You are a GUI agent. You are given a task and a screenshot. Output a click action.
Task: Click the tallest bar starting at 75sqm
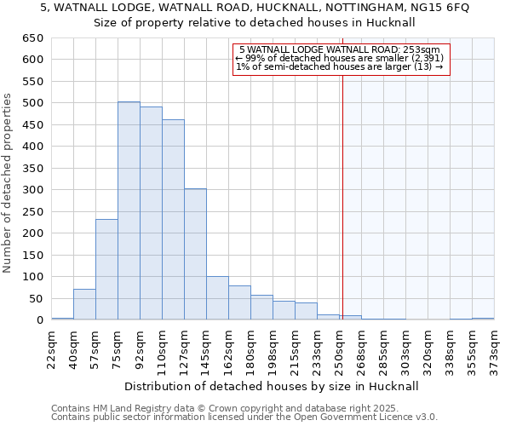(x=129, y=211)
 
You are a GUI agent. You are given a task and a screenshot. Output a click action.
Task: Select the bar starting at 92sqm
(x=151, y=214)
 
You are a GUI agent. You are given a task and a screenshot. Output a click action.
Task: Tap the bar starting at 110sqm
(x=173, y=220)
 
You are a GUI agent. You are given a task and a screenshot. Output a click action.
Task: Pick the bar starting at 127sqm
(x=195, y=254)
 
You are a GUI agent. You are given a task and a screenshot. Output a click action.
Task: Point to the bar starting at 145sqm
(x=217, y=298)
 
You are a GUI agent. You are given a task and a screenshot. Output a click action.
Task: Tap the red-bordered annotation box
(x=340, y=59)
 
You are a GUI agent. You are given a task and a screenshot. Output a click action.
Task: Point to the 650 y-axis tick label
(x=32, y=38)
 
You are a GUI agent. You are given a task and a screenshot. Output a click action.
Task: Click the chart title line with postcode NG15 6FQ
(x=255, y=8)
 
